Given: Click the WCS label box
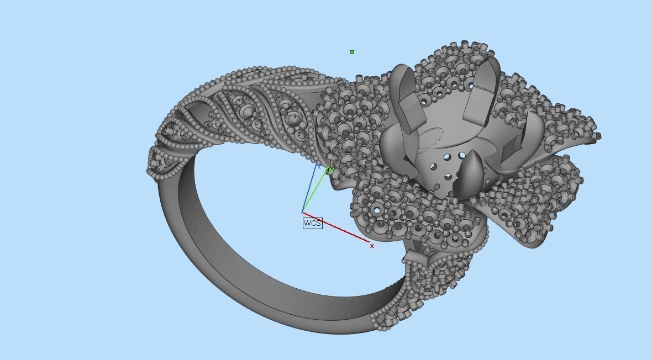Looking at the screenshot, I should tap(312, 223).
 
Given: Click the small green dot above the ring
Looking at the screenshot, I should tap(352, 52).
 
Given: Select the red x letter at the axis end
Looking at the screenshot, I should tap(372, 246).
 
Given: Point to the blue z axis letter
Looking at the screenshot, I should tap(319, 165).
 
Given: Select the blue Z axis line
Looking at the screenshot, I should tap(309, 188).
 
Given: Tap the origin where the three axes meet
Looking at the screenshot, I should tap(302, 212).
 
